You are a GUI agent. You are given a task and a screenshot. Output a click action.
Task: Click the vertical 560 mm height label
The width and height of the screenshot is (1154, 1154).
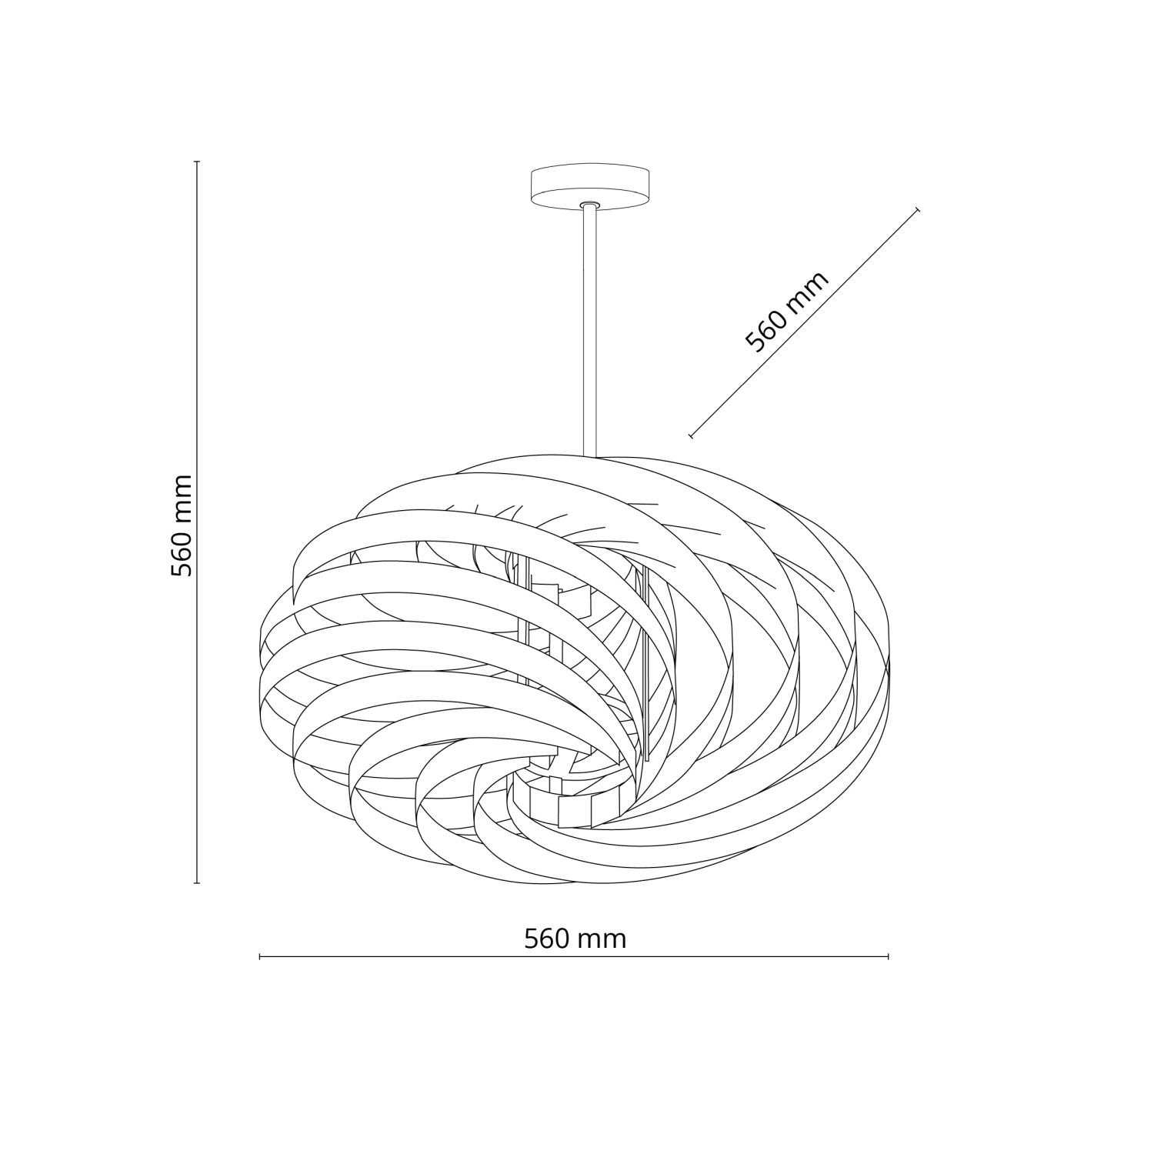click(182, 525)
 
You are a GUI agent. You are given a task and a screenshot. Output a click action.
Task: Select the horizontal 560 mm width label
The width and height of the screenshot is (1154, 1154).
click(575, 939)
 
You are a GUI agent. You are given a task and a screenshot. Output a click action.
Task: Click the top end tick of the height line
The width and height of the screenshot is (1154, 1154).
click(197, 162)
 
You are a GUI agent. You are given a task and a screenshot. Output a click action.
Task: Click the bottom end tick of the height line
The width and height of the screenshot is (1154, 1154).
click(197, 883)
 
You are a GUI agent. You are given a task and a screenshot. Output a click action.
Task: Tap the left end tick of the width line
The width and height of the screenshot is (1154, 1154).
click(260, 957)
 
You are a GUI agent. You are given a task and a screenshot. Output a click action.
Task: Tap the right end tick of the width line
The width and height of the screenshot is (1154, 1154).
click(889, 957)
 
